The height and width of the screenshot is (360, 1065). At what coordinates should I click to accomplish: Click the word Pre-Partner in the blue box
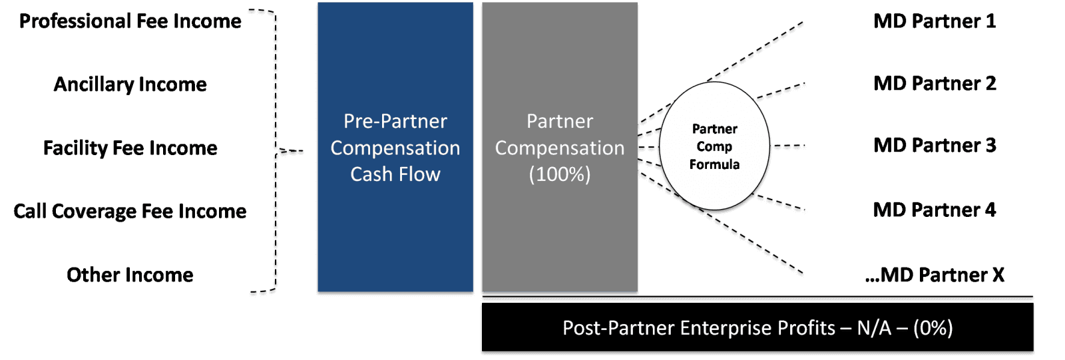[395, 121]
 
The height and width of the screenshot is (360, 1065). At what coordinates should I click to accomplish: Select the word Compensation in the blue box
[395, 148]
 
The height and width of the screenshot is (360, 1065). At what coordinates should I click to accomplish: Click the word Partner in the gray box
[560, 121]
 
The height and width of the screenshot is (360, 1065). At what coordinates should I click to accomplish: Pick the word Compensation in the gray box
[560, 148]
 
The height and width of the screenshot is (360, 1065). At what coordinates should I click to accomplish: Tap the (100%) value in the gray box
[560, 174]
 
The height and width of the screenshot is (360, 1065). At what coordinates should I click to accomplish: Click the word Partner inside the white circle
[715, 129]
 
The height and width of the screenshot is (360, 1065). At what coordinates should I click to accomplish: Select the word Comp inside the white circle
[714, 146]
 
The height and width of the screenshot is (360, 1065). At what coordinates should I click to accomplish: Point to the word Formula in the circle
[714, 164]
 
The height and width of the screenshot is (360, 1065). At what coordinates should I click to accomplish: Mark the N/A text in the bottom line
[874, 328]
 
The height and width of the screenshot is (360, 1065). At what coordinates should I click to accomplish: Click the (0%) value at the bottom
[933, 328]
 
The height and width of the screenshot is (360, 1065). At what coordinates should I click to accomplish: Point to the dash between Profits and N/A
[845, 329]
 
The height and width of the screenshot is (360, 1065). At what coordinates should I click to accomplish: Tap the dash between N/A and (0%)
[903, 329]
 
